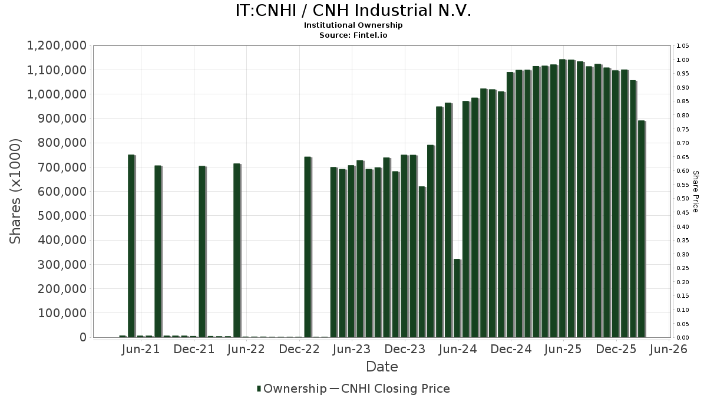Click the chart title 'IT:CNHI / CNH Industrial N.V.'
(x=353, y=11)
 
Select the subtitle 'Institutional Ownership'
(x=353, y=25)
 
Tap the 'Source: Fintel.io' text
(x=353, y=35)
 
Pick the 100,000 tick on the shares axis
(x=61, y=313)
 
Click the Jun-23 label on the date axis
(x=352, y=350)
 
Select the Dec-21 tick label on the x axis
(x=194, y=350)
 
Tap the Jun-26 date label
(x=668, y=350)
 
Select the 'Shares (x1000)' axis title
(x=16, y=191)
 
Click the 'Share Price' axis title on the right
(x=695, y=191)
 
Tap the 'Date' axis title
(x=382, y=367)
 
